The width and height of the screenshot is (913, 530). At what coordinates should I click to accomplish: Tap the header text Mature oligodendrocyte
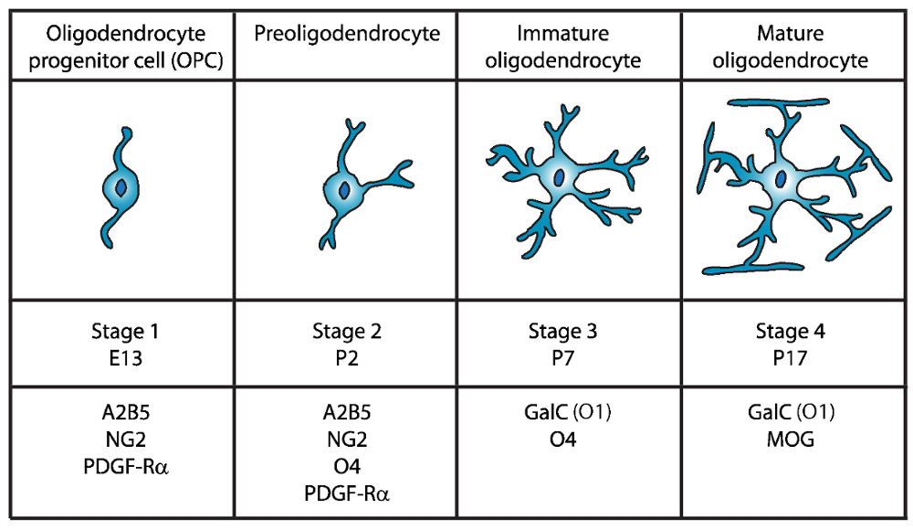click(x=791, y=48)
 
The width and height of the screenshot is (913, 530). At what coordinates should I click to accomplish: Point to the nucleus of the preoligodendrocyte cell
click(x=344, y=191)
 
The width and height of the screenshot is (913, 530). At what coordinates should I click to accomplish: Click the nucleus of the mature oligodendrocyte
click(x=782, y=180)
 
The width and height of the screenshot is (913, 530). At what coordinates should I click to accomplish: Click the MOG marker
click(x=791, y=440)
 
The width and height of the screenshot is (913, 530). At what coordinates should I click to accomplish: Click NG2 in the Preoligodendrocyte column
click(x=346, y=440)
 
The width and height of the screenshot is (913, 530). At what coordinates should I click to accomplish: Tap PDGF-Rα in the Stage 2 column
click(x=346, y=493)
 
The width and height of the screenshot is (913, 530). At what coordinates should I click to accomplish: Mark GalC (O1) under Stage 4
click(x=791, y=416)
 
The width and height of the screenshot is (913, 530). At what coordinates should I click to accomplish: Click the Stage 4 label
click(x=791, y=332)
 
